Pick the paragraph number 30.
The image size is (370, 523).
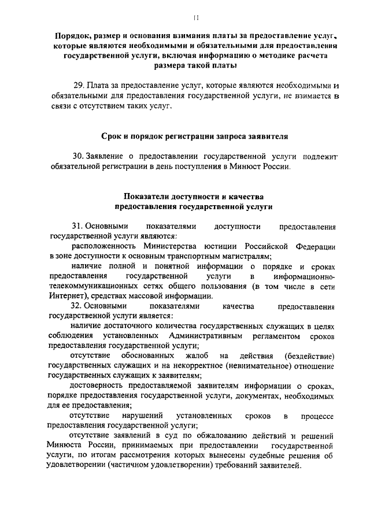(78, 157)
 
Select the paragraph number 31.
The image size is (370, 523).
(78, 226)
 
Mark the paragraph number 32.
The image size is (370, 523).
(78, 305)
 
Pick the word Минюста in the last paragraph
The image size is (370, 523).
(65, 447)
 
